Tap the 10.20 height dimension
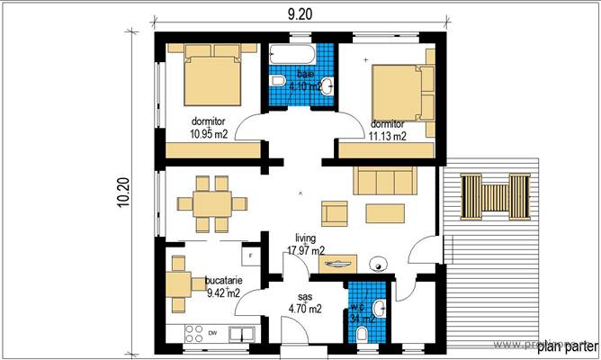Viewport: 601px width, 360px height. [124, 192]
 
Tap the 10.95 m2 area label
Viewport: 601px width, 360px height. [208, 134]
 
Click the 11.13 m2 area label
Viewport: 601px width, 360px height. [388, 137]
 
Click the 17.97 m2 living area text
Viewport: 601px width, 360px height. [305, 250]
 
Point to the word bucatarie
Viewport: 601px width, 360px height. [222, 281]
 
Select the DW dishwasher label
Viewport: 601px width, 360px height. [212, 333]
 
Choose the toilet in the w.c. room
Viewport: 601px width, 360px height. [362, 335]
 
